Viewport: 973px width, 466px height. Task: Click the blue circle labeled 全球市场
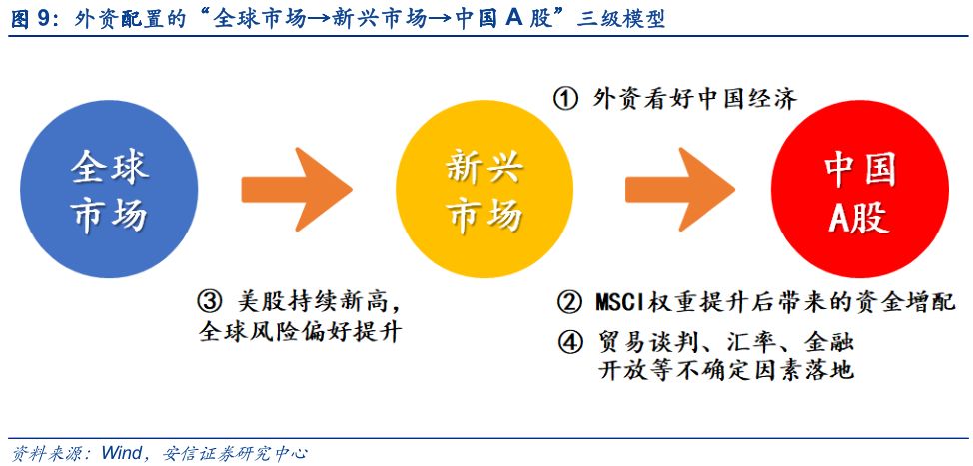point(109,189)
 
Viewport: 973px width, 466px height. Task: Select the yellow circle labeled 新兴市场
point(485,189)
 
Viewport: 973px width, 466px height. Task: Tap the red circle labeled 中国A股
point(859,189)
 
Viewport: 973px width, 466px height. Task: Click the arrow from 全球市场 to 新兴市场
point(297,189)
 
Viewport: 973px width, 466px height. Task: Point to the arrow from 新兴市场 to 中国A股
point(680,189)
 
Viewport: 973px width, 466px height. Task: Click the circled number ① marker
point(565,99)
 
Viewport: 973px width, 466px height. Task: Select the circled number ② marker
point(569,303)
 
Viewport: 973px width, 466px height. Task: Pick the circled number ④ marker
point(569,342)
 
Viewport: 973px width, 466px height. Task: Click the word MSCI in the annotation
point(621,303)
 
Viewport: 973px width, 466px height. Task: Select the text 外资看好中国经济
point(694,99)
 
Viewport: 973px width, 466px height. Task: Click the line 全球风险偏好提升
point(301,332)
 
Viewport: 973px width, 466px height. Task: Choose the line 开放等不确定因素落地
point(726,370)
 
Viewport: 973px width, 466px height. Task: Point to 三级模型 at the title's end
point(620,19)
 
